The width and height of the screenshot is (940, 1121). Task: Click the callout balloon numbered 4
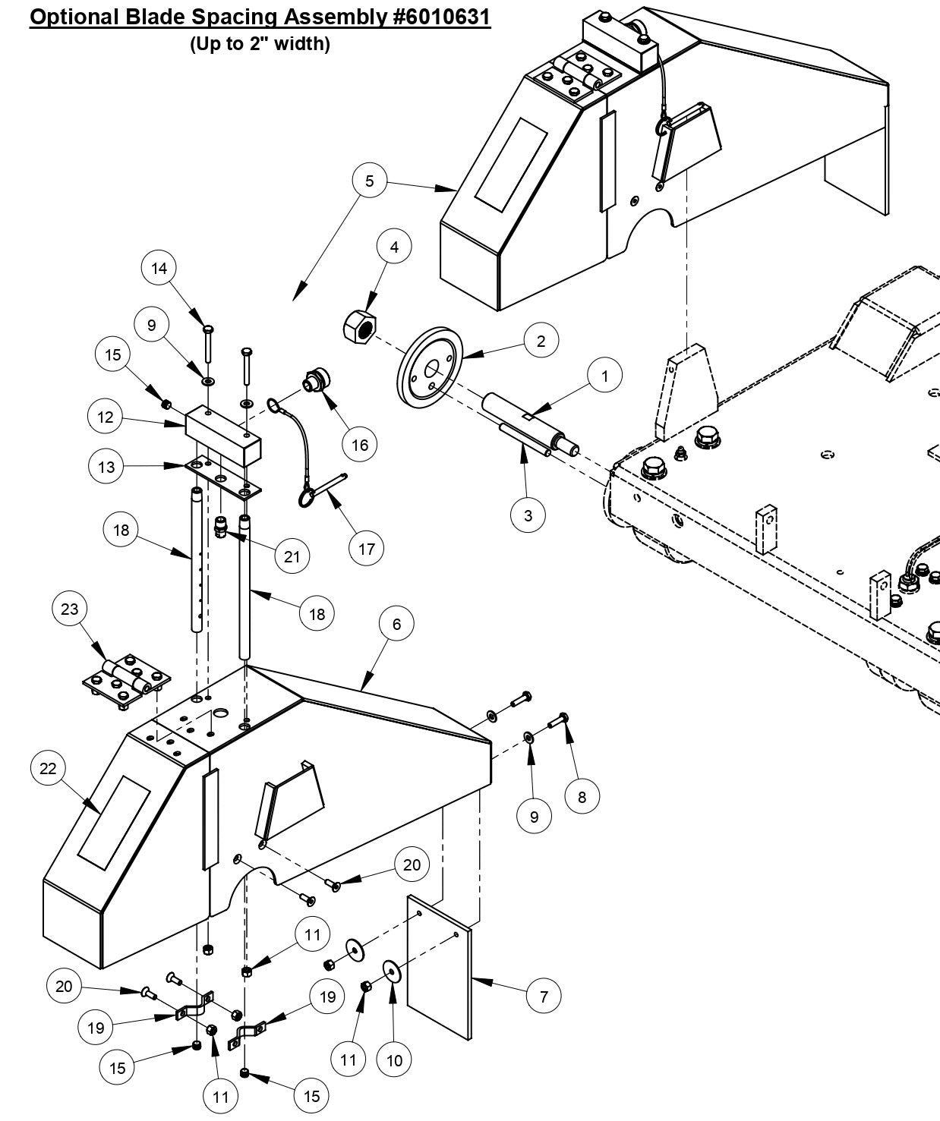point(394,247)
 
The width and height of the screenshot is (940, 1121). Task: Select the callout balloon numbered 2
point(541,342)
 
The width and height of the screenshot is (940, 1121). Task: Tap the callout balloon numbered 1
point(605,376)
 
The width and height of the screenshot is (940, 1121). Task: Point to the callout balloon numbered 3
point(528,515)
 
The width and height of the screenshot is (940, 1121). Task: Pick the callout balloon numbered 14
point(159,268)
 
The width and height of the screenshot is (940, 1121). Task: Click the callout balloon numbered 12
point(106,417)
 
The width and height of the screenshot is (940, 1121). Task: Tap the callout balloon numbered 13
point(106,467)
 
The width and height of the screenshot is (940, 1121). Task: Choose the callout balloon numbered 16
point(360,445)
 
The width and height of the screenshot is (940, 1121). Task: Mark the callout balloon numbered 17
point(367,548)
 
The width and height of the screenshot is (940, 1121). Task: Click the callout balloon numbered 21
point(292,556)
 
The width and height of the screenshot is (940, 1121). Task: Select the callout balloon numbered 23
point(70,609)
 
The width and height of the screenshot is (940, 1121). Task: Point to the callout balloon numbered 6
point(397,624)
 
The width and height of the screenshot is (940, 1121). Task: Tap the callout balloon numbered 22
point(48,769)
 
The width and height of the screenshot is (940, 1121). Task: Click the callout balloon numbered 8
point(582,797)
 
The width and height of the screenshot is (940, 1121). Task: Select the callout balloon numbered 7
point(544,996)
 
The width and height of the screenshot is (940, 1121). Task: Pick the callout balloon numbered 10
point(395,1060)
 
